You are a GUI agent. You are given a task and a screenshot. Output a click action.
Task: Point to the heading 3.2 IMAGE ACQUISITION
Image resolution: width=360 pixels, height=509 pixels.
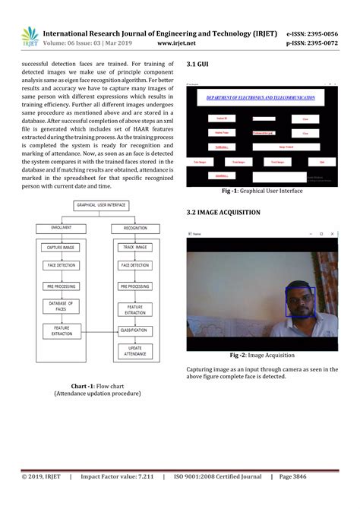pos(223,212)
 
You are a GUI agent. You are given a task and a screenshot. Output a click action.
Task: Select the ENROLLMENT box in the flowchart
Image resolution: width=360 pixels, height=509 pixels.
pos(62,227)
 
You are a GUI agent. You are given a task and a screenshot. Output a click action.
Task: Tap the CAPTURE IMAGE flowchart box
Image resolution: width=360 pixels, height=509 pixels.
pos(62,247)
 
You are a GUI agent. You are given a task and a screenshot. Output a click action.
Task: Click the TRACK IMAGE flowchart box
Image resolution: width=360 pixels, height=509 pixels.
pos(135,247)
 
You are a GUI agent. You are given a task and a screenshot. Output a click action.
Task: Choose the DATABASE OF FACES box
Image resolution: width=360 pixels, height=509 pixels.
pos(62,305)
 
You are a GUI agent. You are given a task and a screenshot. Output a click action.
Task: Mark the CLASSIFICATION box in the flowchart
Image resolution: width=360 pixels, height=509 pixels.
pos(134,330)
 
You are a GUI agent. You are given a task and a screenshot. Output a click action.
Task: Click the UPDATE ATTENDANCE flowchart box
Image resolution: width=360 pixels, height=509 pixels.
pos(134,351)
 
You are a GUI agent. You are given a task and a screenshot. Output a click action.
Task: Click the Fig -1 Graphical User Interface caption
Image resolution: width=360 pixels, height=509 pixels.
pos(261,191)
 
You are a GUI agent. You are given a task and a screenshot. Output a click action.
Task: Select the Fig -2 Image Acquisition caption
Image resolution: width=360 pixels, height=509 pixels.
pos(262,356)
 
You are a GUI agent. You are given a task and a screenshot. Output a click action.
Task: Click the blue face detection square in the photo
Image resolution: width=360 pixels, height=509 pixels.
pos(299,302)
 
